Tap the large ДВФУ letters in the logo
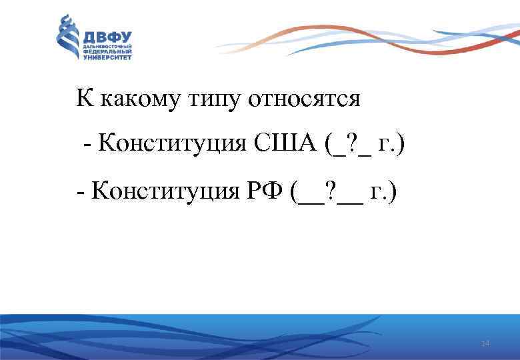[x=107, y=35]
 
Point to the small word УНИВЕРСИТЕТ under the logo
[x=107, y=58]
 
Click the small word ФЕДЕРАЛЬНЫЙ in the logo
[x=107, y=52]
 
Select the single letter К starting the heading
[x=85, y=99]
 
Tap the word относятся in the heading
[x=304, y=100]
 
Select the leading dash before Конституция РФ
[x=80, y=193]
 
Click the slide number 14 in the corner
[x=485, y=343]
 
